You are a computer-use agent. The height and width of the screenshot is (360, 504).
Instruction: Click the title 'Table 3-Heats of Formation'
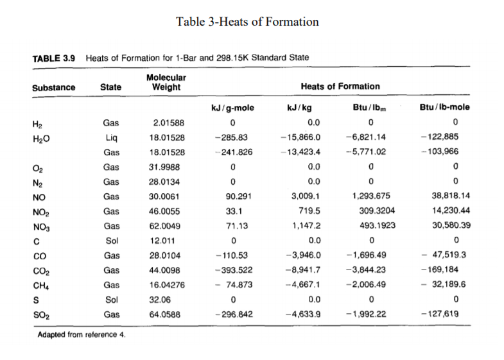click(247, 22)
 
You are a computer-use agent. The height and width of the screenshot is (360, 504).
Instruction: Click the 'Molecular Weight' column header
click(166, 81)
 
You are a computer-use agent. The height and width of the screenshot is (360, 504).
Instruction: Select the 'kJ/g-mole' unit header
click(232, 107)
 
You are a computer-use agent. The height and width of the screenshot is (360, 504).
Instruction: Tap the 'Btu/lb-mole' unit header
click(446, 107)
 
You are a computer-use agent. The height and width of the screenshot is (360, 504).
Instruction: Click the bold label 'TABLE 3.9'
click(53, 58)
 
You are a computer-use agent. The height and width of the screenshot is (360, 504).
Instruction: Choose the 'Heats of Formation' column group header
click(340, 86)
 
